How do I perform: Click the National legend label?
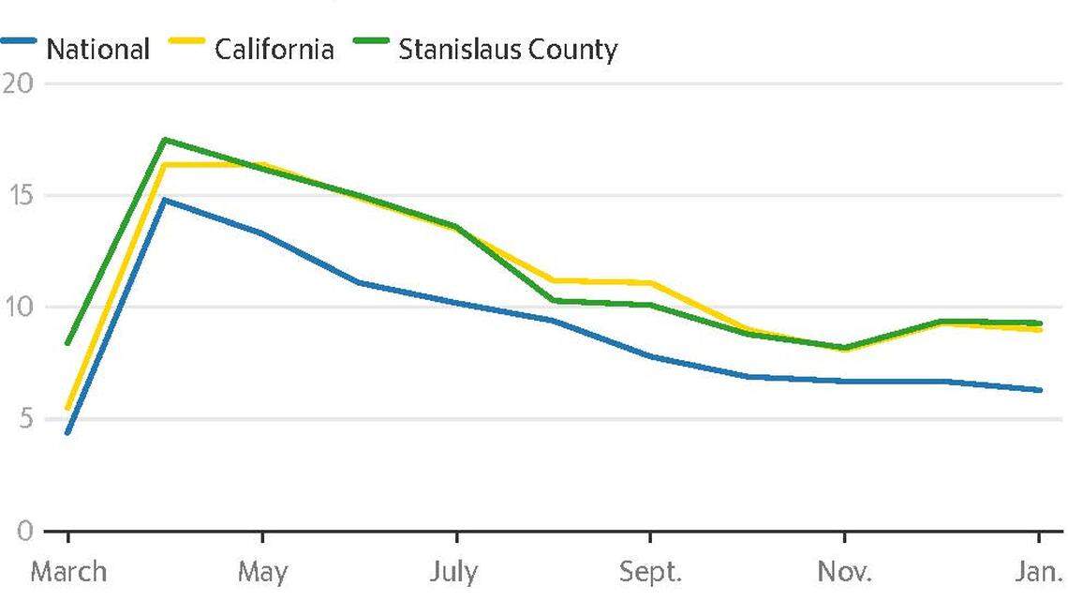pyautogui.click(x=97, y=49)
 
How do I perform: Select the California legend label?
pyautogui.click(x=274, y=49)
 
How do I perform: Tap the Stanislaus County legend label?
pyautogui.click(x=508, y=49)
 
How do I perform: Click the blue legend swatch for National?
pyautogui.click(x=20, y=42)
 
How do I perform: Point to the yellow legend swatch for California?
pyautogui.click(x=186, y=42)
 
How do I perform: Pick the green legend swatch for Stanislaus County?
pyautogui.click(x=371, y=42)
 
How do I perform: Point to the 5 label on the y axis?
pyautogui.click(x=22, y=418)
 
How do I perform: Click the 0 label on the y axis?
pyautogui.click(x=22, y=531)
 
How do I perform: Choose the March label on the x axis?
pyautogui.click(x=68, y=572)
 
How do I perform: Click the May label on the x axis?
pyautogui.click(x=261, y=572)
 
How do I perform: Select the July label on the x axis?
pyautogui.click(x=455, y=572)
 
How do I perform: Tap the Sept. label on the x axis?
pyautogui.click(x=649, y=572)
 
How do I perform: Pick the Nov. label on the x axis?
pyautogui.click(x=844, y=572)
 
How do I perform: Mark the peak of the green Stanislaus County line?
pyautogui.click(x=165, y=140)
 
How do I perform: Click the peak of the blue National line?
pyautogui.click(x=165, y=200)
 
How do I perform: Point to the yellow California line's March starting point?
pyautogui.click(x=67, y=408)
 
